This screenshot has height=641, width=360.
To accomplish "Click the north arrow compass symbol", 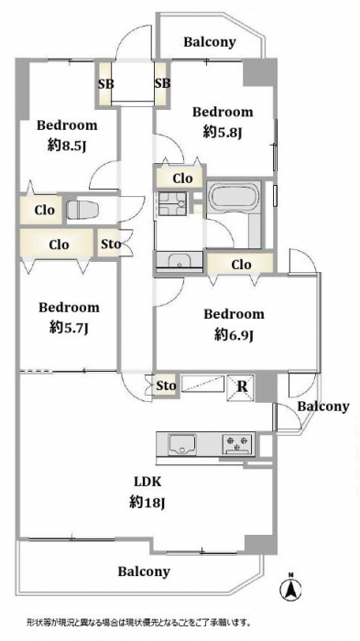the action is [290, 589].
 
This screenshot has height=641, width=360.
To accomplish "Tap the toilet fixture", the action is [82, 210].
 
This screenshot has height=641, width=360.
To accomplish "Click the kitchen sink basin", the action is [181, 444].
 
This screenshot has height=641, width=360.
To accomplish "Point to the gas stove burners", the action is [237, 444].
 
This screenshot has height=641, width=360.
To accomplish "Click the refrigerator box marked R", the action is [241, 387].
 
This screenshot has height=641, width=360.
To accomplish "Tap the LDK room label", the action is [147, 482].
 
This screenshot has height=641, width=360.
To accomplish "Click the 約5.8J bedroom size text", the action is [223, 132].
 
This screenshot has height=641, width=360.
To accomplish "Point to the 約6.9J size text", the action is [234, 335].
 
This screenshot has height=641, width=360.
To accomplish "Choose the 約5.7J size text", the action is [69, 328].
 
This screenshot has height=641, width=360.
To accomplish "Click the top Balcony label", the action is [210, 42].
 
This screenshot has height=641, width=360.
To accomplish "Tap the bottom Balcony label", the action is [144, 571].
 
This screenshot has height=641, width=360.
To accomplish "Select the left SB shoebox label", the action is [105, 84].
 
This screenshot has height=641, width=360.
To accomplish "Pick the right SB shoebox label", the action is [162, 84].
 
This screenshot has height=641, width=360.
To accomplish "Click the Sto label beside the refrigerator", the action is [166, 386].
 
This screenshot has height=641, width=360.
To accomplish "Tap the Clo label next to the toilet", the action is [44, 210].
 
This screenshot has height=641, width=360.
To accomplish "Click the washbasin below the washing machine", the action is [180, 261].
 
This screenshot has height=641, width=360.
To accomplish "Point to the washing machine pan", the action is [172, 204].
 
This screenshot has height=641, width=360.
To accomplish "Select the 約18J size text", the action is [147, 503].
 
